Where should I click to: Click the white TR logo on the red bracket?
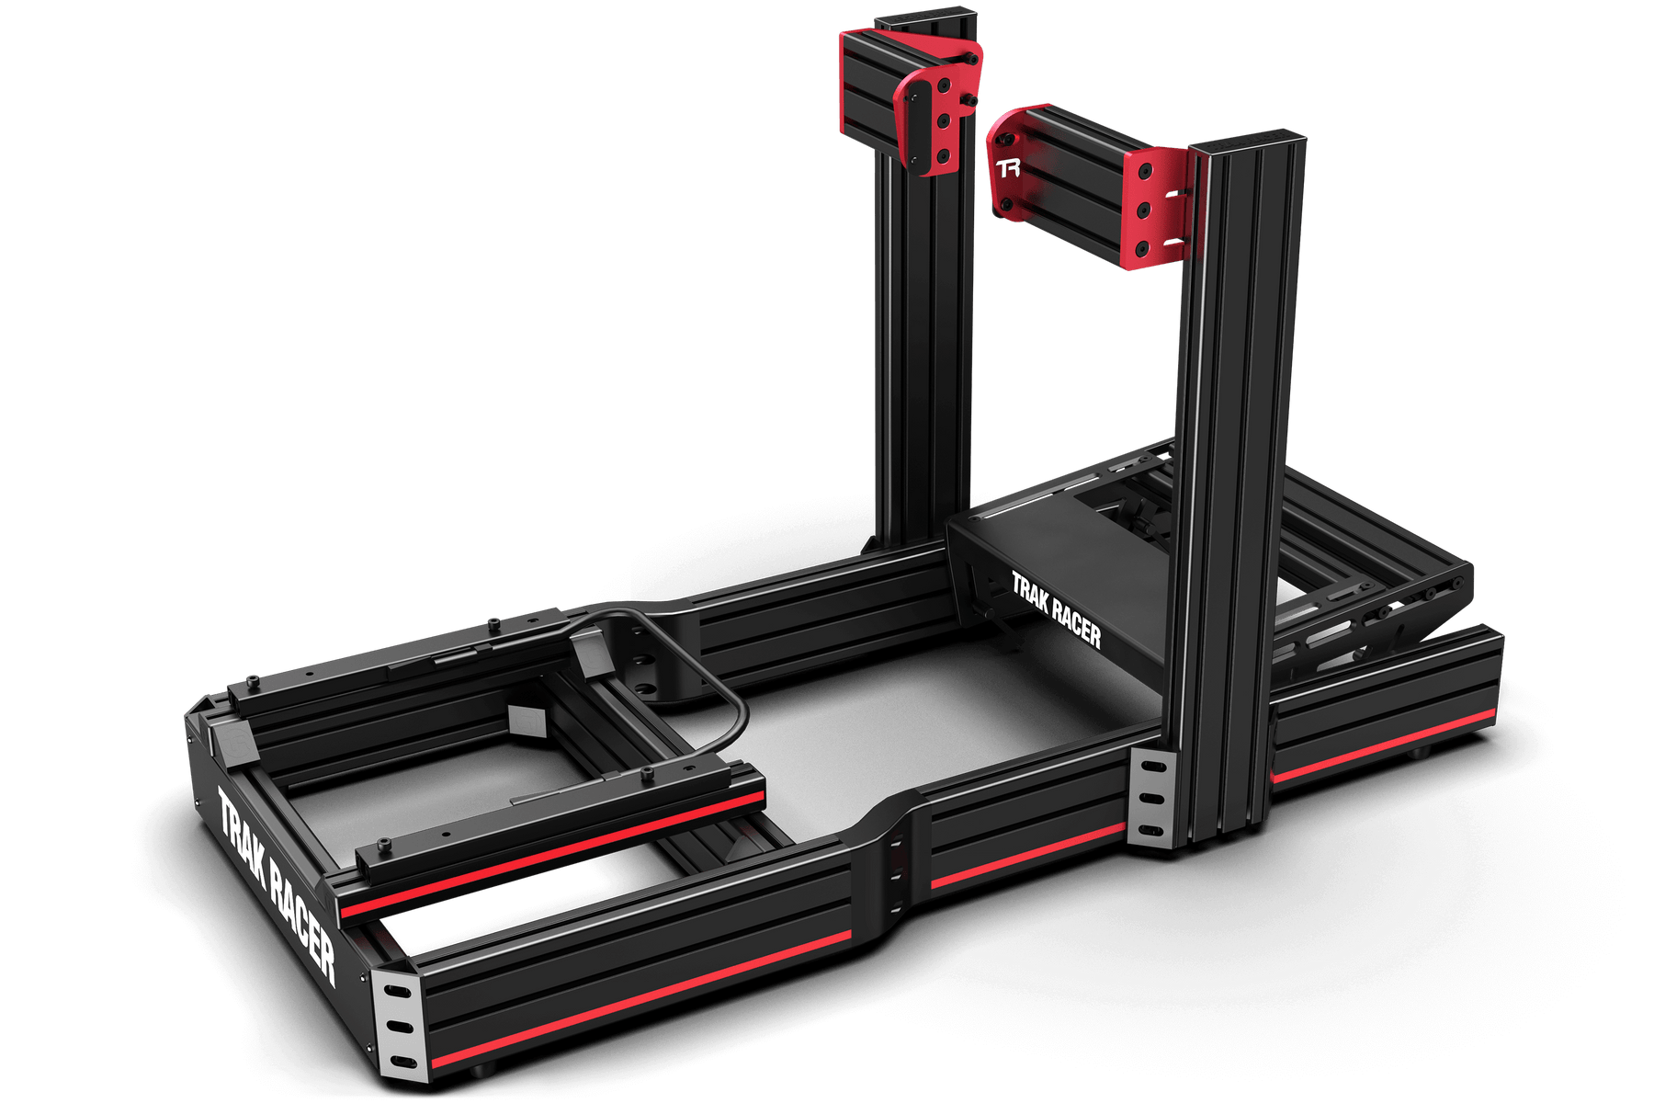tap(1009, 168)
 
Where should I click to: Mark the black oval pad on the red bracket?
tap(911, 125)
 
